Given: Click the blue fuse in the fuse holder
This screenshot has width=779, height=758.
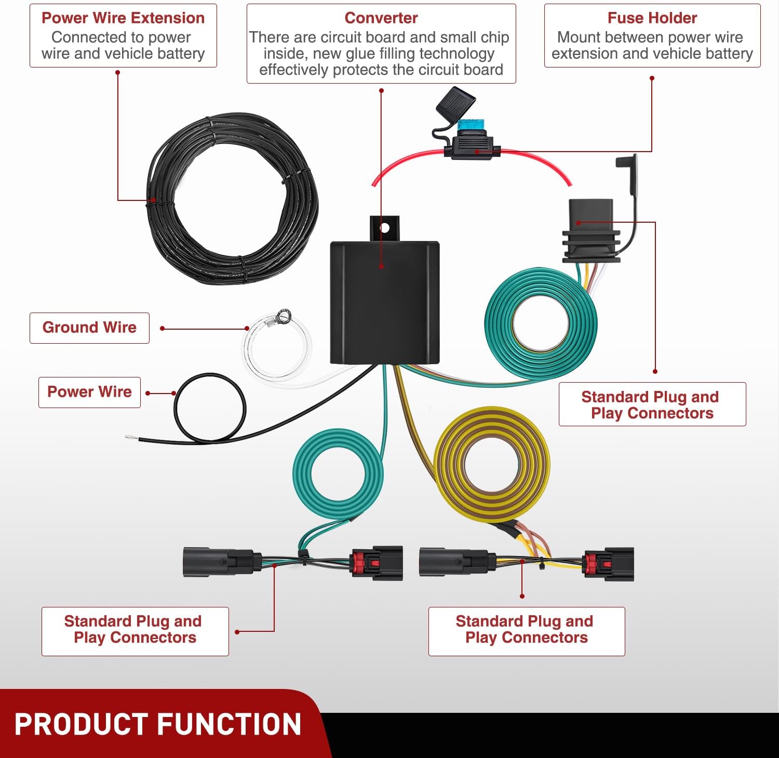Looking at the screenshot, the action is [471, 126].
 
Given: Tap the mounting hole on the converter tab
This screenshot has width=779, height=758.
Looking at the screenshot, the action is [385, 227].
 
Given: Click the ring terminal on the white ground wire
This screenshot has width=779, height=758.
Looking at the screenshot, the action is [284, 316].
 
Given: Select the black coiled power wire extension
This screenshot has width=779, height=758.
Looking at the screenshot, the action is [232, 199].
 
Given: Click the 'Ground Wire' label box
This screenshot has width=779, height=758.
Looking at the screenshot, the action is [89, 328].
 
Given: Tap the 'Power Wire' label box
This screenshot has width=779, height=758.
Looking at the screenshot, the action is [89, 392].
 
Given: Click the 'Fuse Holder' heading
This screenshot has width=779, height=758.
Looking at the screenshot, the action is [652, 18].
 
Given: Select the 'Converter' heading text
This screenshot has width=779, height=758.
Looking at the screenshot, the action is [381, 18].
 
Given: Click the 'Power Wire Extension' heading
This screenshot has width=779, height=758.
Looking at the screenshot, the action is [123, 18].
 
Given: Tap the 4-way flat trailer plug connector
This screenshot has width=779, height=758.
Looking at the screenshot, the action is [591, 231].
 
